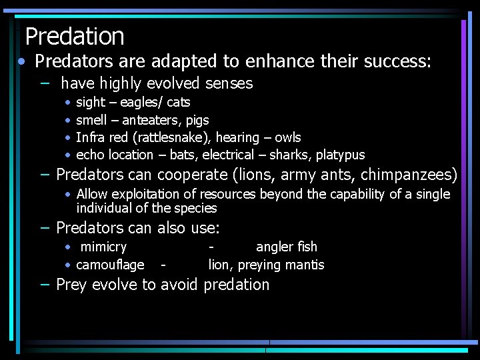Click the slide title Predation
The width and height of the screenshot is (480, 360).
[x=75, y=36]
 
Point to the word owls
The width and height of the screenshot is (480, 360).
[x=288, y=137]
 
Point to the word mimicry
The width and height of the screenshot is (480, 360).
[x=103, y=247]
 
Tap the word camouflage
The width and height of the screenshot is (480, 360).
[x=110, y=265]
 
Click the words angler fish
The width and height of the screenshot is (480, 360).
[x=287, y=247]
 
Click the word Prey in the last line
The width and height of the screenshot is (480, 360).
[x=72, y=285]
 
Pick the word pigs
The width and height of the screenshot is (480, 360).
[x=196, y=121]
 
